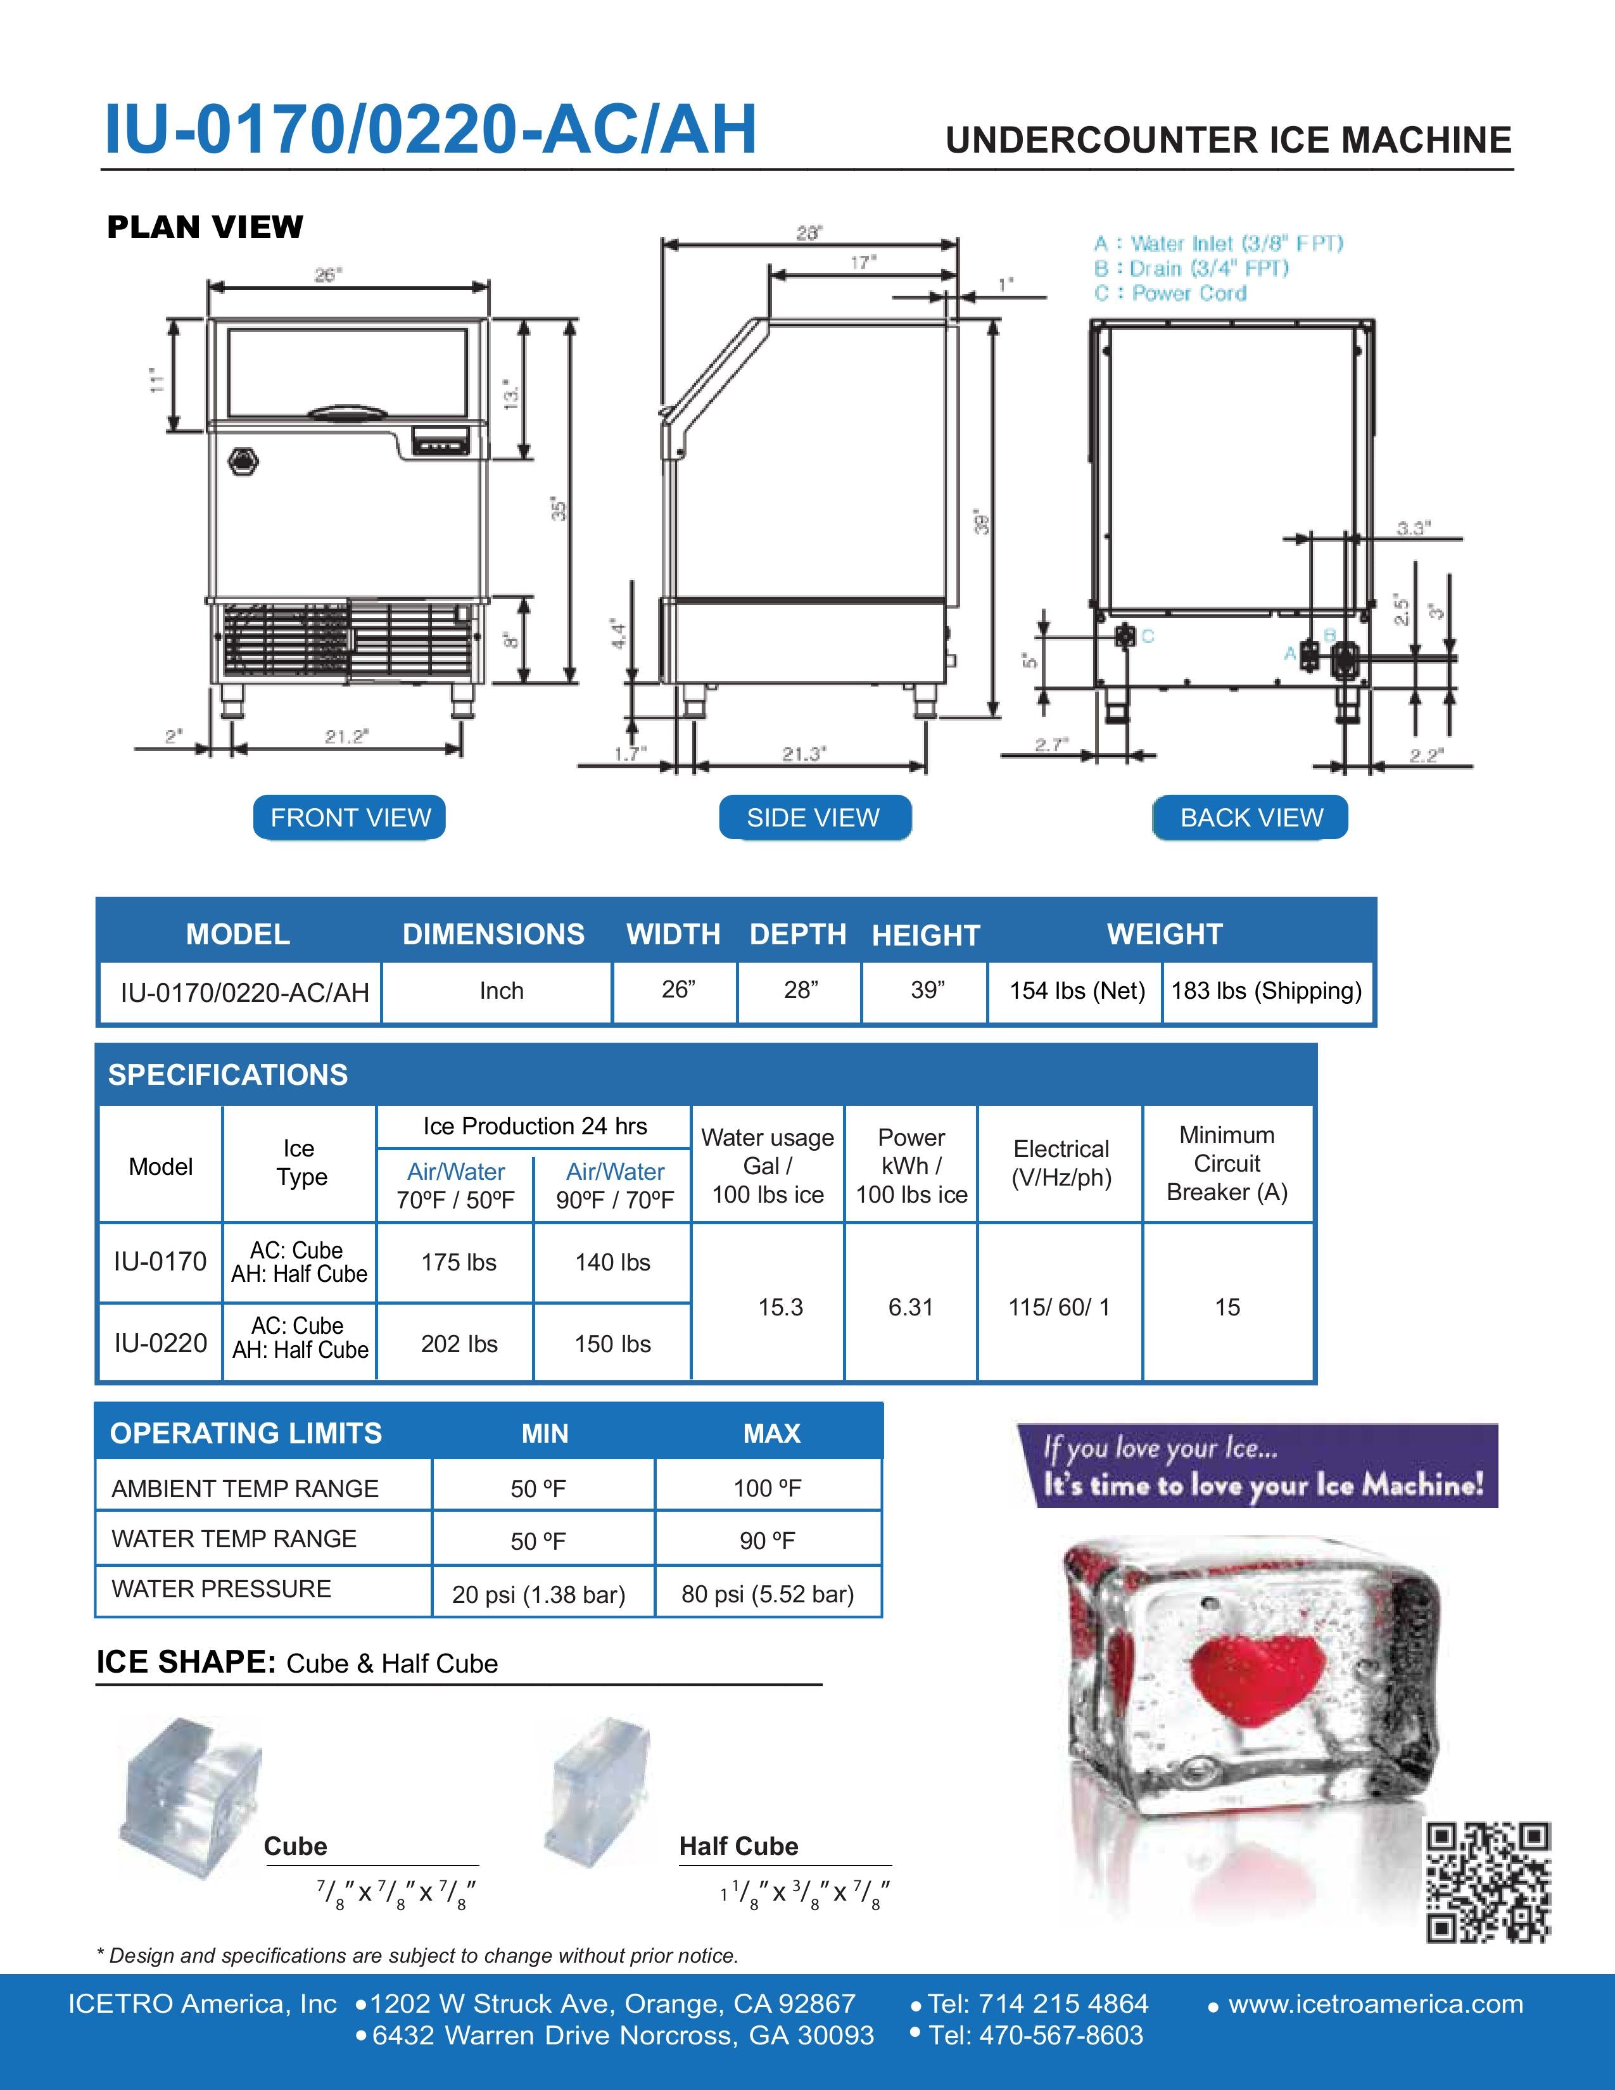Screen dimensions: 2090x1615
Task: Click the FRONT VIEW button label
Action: (x=350, y=817)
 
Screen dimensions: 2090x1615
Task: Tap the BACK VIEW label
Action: (x=1250, y=817)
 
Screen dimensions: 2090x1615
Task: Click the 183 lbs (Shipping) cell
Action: (x=1266, y=991)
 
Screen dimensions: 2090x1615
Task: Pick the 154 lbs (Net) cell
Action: (x=1076, y=991)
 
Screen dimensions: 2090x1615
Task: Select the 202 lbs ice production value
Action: (x=459, y=1343)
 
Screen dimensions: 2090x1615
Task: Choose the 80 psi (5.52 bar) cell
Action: (x=768, y=1593)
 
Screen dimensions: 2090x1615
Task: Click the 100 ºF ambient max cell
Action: (x=768, y=1488)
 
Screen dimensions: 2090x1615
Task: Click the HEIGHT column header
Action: (x=925, y=935)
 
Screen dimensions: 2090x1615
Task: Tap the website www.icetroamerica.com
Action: (x=1375, y=2004)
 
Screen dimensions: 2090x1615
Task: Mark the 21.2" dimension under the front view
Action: (x=346, y=736)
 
